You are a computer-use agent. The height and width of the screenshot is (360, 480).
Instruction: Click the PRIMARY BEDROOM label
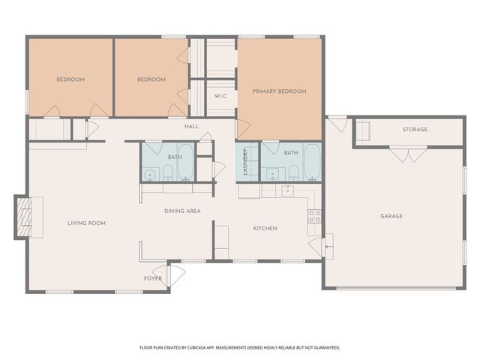[279, 91]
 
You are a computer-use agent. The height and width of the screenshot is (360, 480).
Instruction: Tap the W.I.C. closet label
[220, 96]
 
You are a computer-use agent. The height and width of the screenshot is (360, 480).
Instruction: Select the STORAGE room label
[415, 129]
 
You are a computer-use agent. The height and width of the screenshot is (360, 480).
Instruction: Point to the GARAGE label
[391, 216]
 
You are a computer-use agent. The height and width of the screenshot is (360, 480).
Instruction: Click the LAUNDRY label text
[245, 162]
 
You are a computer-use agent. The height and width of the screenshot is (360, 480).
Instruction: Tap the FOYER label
[153, 278]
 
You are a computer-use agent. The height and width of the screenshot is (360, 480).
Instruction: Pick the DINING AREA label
[182, 211]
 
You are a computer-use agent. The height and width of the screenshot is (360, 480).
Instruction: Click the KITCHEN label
[265, 228]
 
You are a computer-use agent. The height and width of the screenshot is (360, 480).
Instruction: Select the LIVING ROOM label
[87, 223]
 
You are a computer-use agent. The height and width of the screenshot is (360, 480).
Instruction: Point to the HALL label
[192, 126]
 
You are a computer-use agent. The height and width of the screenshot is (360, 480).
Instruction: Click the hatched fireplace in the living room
[24, 217]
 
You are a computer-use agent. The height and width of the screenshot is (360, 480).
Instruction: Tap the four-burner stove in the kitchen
[314, 216]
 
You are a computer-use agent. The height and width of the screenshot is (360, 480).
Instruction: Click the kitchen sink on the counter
[287, 190]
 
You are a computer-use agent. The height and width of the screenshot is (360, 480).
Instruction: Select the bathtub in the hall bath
[186, 162]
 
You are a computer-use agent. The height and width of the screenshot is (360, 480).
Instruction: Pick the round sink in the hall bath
[150, 175]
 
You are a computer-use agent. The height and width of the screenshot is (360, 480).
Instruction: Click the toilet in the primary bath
[293, 173]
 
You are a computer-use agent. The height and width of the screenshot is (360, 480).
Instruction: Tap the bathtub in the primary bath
[312, 162]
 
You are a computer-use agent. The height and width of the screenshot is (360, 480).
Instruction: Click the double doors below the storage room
[408, 154]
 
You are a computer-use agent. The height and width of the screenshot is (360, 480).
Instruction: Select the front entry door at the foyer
[169, 276]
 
